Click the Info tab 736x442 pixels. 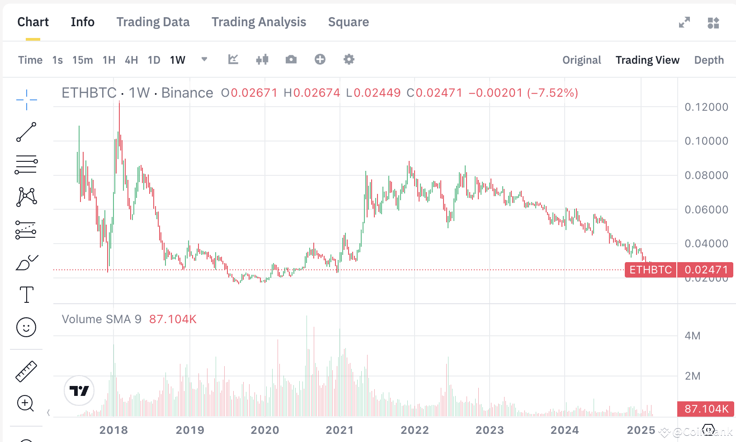82,22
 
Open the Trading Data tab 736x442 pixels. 153,22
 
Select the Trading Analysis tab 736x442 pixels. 259,22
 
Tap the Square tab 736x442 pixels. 348,22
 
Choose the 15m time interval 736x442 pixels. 82,60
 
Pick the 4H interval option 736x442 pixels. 131,60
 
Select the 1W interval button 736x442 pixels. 178,60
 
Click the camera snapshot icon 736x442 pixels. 291,59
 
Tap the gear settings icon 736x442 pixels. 349,59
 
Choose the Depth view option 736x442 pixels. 708,60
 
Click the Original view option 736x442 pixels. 581,60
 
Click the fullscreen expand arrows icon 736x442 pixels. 684,22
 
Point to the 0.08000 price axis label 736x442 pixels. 706,175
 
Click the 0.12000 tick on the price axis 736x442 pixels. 706,107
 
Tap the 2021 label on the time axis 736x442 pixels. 340,430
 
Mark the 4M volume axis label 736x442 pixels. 692,336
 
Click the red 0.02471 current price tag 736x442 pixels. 706,270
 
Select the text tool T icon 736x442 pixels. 27,295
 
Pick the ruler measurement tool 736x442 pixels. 26,371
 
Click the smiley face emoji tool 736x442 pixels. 26,327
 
